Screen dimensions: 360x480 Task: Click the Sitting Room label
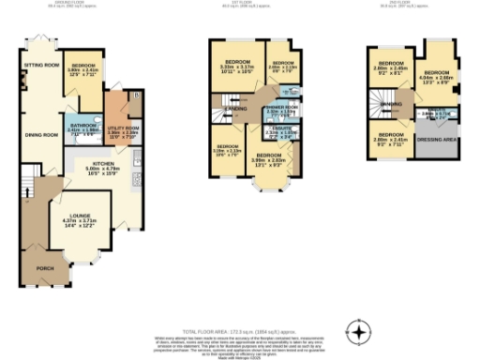[x=37, y=66]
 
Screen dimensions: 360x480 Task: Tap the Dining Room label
[x=37, y=134]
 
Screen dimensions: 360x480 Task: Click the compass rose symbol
[x=358, y=331]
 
